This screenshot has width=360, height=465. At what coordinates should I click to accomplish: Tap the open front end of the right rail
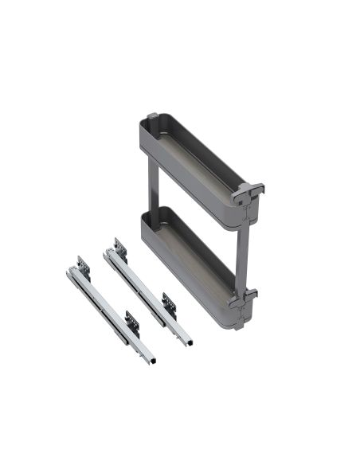pyautogui.click(x=189, y=338)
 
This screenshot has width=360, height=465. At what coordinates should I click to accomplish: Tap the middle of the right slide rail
pyautogui.click(x=147, y=295)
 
